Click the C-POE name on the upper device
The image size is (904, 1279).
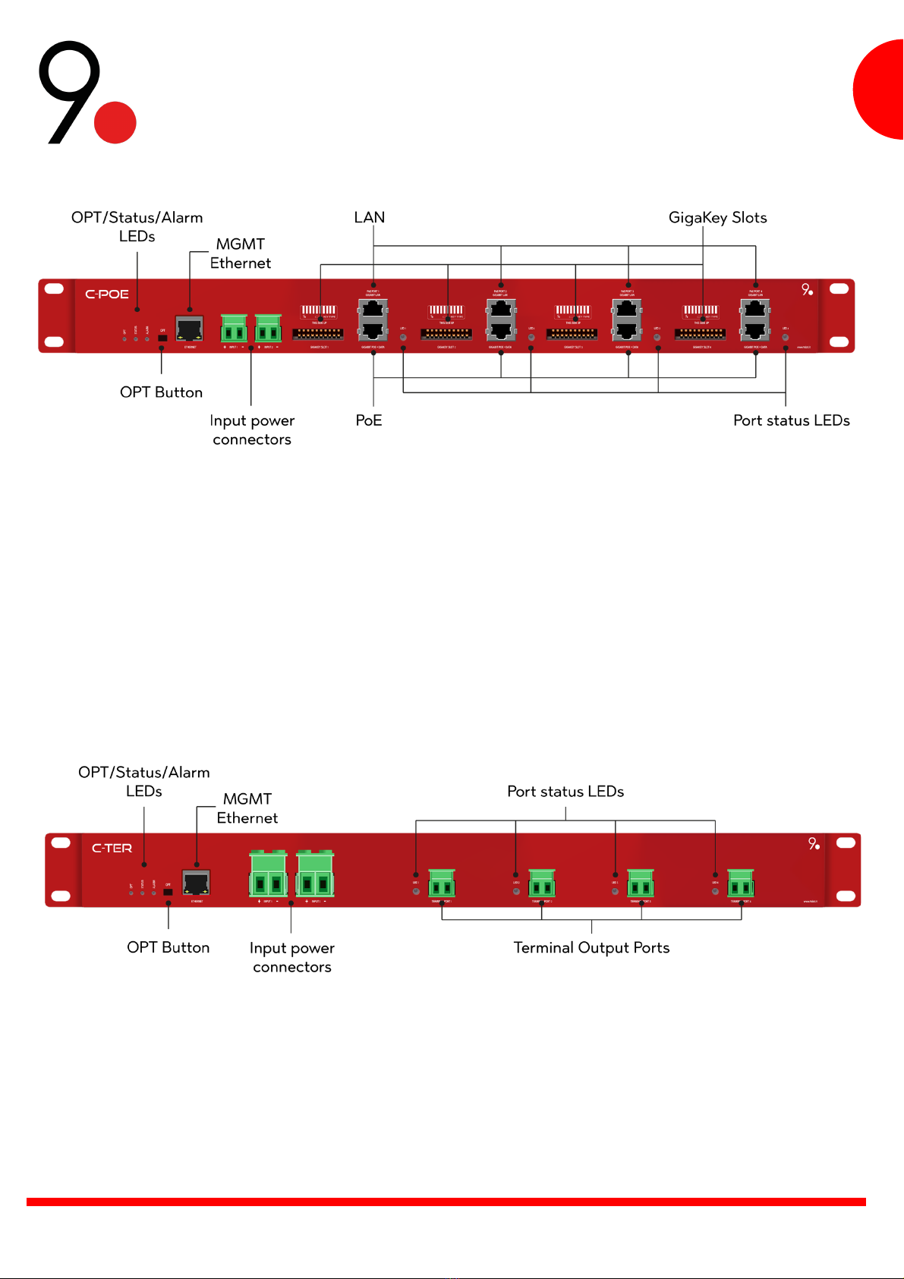point(107,295)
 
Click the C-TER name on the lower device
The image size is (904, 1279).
point(112,849)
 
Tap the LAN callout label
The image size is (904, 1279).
point(370,218)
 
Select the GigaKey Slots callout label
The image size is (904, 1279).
point(717,218)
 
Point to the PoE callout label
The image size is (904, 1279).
point(369,421)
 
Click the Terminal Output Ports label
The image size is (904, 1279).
point(591,948)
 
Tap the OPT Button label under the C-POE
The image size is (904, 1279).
point(161,392)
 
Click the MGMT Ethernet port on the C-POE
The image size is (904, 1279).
point(189,329)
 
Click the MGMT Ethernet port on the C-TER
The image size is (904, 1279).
point(196,883)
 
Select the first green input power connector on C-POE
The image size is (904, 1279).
point(234,329)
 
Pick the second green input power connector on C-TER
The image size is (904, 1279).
point(315,874)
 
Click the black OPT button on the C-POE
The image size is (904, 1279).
point(162,339)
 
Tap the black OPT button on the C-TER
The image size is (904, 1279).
point(169,892)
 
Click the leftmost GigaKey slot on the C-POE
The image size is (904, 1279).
point(318,323)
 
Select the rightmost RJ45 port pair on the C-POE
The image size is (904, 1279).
point(755,320)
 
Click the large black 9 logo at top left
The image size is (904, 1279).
point(69,91)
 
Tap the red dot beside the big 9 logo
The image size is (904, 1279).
point(115,122)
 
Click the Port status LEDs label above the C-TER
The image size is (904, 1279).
point(565,792)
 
